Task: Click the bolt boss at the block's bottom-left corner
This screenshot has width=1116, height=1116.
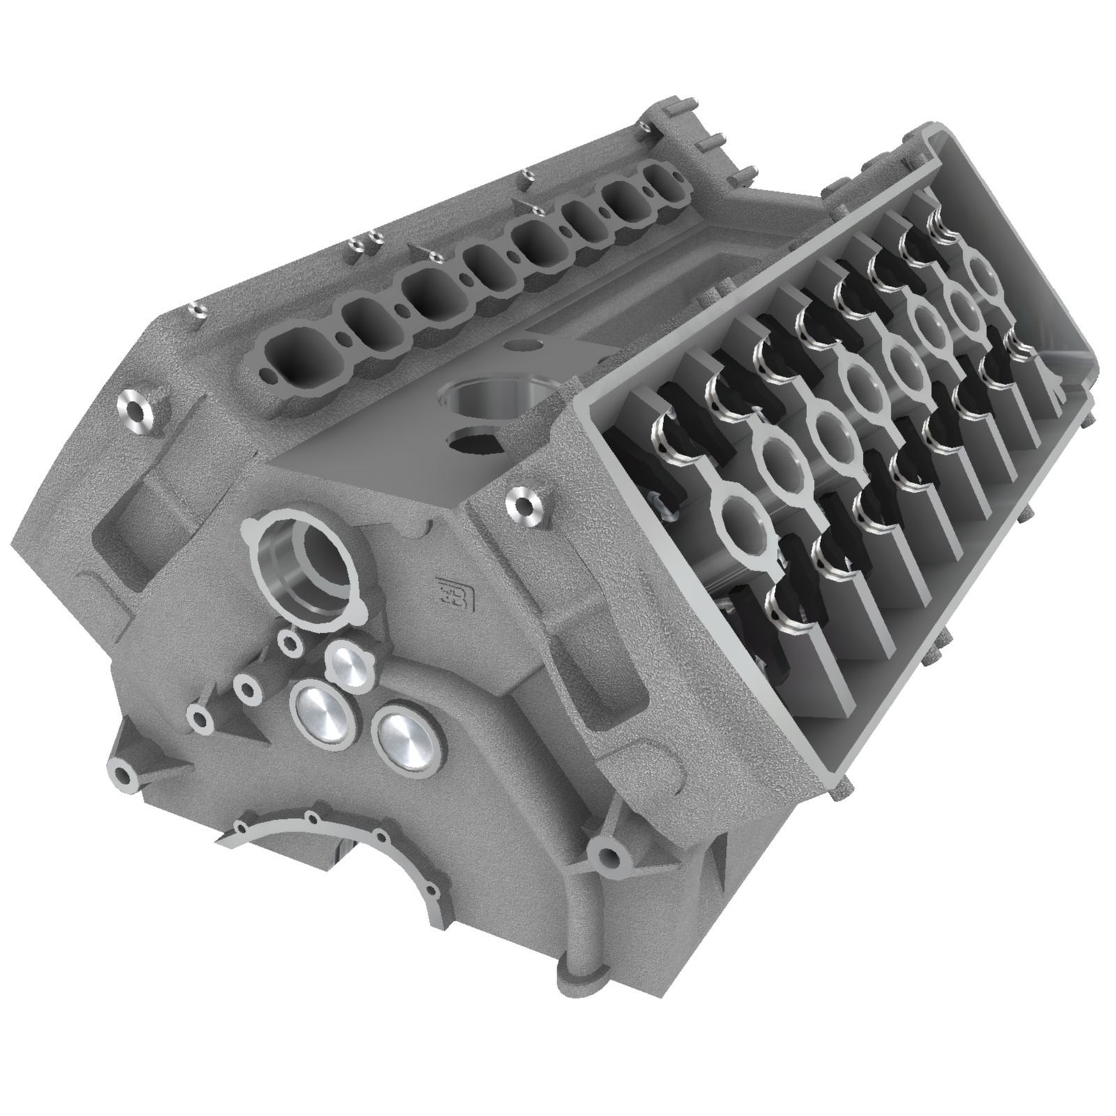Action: click(x=123, y=774)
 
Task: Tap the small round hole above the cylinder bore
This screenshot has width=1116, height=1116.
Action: click(x=521, y=345)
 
